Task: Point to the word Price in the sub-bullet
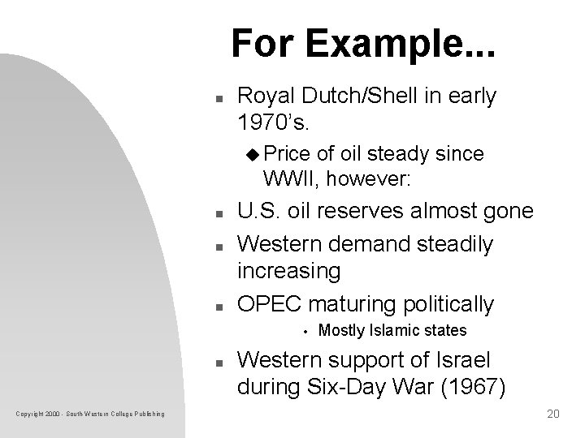point(284,153)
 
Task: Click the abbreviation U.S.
point(258,212)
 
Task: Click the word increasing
point(288,270)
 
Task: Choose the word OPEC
point(268,304)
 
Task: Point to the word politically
point(442,304)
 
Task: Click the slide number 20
point(554,414)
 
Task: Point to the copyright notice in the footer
point(90,414)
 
